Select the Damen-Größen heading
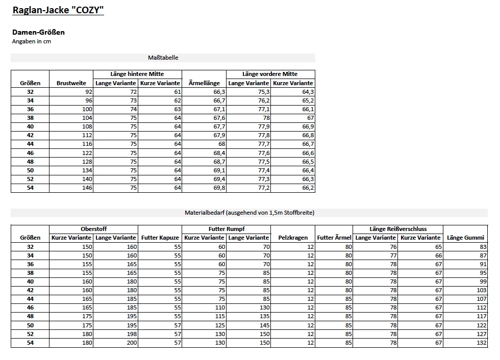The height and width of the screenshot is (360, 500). pos(38,32)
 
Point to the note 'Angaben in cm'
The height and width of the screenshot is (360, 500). pos(32,41)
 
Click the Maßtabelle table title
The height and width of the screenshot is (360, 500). pos(163,58)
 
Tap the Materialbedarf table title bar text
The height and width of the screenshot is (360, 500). pos(249,213)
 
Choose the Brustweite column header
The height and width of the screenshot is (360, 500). pos(71,83)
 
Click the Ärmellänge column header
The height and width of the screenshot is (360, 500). pos(204,83)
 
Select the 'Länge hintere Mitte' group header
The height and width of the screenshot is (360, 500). pos(137,74)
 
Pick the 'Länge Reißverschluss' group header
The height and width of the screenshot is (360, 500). pos(398,229)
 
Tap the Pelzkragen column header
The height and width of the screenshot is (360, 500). pos(293,238)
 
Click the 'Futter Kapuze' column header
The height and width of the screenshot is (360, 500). pos(160,238)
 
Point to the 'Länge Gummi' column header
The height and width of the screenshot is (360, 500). pos(465,238)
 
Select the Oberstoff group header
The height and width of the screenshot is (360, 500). pos(93,229)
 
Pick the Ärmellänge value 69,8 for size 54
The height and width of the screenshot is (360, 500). pos(219,188)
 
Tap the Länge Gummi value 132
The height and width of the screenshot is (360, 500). pos(481,343)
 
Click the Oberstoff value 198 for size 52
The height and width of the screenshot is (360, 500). pos(132,335)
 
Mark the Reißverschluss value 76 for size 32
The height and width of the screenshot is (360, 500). pos(392,247)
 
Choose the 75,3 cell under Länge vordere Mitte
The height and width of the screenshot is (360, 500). pos(263,92)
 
